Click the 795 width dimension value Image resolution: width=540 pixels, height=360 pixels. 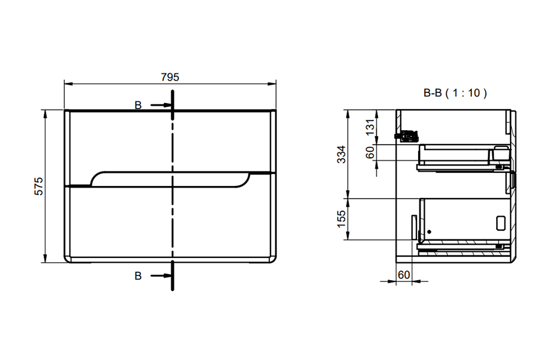click(x=170, y=77)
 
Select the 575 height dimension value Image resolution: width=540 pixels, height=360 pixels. click(x=38, y=186)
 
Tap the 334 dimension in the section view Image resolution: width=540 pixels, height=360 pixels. click(x=341, y=154)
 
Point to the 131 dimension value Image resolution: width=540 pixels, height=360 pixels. click(x=370, y=127)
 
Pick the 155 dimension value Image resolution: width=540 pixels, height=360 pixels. click(x=341, y=219)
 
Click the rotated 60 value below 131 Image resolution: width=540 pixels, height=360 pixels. click(x=370, y=152)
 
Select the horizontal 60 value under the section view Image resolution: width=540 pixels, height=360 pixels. click(x=404, y=275)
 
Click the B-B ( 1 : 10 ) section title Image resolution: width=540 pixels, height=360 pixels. click(x=455, y=92)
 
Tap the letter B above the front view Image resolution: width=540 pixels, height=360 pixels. click(x=138, y=105)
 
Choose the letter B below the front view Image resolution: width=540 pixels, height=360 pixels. click(x=138, y=275)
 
